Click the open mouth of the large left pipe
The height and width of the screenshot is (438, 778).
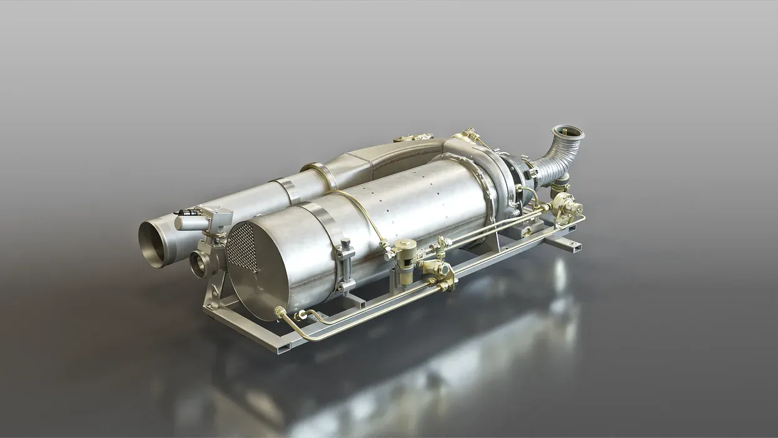tap(153, 242)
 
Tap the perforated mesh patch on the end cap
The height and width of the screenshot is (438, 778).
tap(241, 247)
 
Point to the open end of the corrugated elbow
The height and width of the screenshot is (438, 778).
tap(568, 133)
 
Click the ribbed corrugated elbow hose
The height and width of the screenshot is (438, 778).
tap(554, 160)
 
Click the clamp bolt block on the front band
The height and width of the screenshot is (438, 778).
tap(345, 263)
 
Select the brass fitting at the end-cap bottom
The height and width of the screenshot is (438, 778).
tap(281, 312)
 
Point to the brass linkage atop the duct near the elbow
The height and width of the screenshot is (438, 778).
tap(469, 136)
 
